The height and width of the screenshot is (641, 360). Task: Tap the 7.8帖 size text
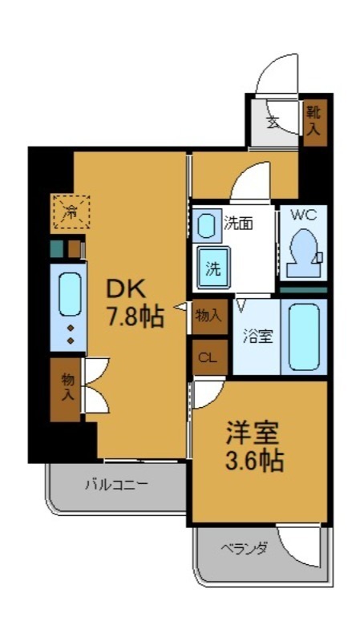[136, 316]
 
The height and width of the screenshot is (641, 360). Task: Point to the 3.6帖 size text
[253, 462]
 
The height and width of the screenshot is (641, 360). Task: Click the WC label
[303, 215]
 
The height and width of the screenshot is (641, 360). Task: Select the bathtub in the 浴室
[305, 337]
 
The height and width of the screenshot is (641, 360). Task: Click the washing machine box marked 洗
[213, 268]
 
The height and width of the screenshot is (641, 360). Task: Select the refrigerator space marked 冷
[71, 212]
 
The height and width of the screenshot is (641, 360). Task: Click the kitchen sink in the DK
[69, 295]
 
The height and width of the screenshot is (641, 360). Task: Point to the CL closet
[208, 357]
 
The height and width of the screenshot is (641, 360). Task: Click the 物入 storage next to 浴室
[208, 316]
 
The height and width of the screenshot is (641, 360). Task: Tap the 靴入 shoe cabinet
[313, 122]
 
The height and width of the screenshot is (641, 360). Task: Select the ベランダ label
[244, 548]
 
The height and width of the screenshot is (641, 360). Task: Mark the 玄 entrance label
[273, 123]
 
